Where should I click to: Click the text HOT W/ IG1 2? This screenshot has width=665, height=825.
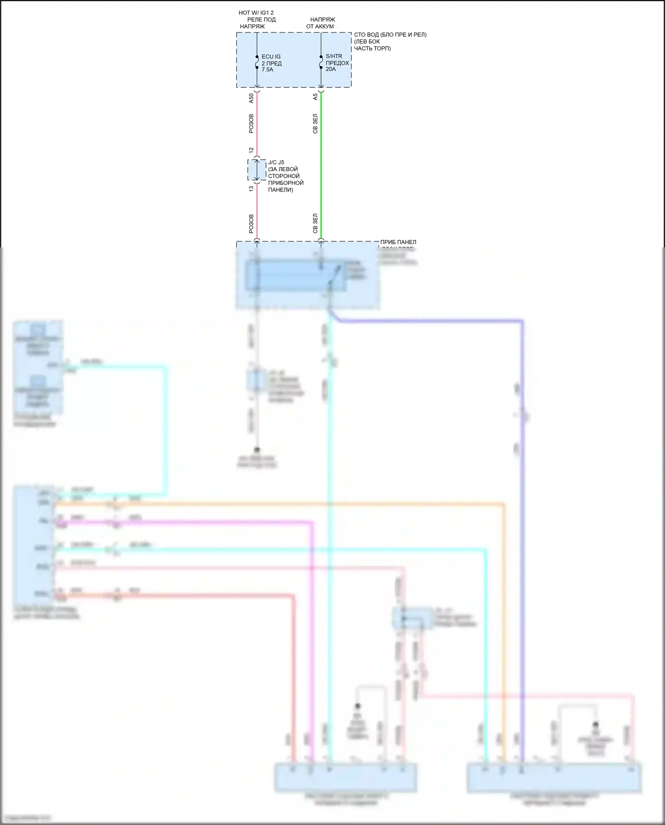(x=256, y=13)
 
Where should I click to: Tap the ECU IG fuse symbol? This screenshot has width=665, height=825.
(x=257, y=63)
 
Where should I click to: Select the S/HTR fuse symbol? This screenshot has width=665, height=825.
(x=321, y=63)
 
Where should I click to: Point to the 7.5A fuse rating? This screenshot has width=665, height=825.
(x=267, y=70)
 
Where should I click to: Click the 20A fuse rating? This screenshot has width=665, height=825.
(x=331, y=69)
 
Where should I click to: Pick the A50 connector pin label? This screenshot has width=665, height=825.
(x=251, y=98)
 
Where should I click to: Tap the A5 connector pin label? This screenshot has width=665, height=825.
(x=315, y=97)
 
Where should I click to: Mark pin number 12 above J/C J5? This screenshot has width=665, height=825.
(x=251, y=151)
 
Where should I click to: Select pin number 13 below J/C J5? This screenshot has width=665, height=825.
(x=251, y=188)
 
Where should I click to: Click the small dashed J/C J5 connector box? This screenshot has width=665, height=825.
(x=257, y=170)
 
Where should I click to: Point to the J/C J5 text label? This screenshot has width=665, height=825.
(x=276, y=162)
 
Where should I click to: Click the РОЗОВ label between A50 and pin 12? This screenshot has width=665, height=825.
(x=251, y=124)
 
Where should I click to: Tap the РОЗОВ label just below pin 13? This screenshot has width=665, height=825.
(x=251, y=224)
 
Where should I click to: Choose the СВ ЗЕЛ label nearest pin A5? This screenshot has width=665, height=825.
(x=315, y=124)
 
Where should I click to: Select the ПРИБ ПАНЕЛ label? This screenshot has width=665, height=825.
(x=398, y=242)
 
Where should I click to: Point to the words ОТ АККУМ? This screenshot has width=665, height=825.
(x=320, y=26)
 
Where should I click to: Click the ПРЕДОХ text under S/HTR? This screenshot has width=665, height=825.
(x=337, y=63)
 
